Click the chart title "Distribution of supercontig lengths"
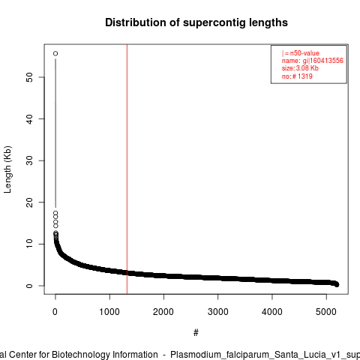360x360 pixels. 196,22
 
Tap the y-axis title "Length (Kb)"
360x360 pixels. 7,169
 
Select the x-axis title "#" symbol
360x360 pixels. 196,333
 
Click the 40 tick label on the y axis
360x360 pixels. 29,119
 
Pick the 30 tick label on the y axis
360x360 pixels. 29,160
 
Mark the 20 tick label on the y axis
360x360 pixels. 29,202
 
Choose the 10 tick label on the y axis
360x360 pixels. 29,244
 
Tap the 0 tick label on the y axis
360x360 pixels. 29,286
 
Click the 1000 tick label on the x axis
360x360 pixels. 109,312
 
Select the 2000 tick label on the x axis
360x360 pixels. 163,312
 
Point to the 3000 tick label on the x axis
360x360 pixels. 217,312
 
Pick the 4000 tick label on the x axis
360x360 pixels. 272,312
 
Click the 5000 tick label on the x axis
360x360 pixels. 326,312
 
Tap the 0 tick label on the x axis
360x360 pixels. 55,312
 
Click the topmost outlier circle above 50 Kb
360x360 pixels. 55,53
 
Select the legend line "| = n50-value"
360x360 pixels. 301,53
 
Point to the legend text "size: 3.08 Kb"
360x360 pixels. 300,68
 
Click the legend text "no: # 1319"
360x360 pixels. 297,76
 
